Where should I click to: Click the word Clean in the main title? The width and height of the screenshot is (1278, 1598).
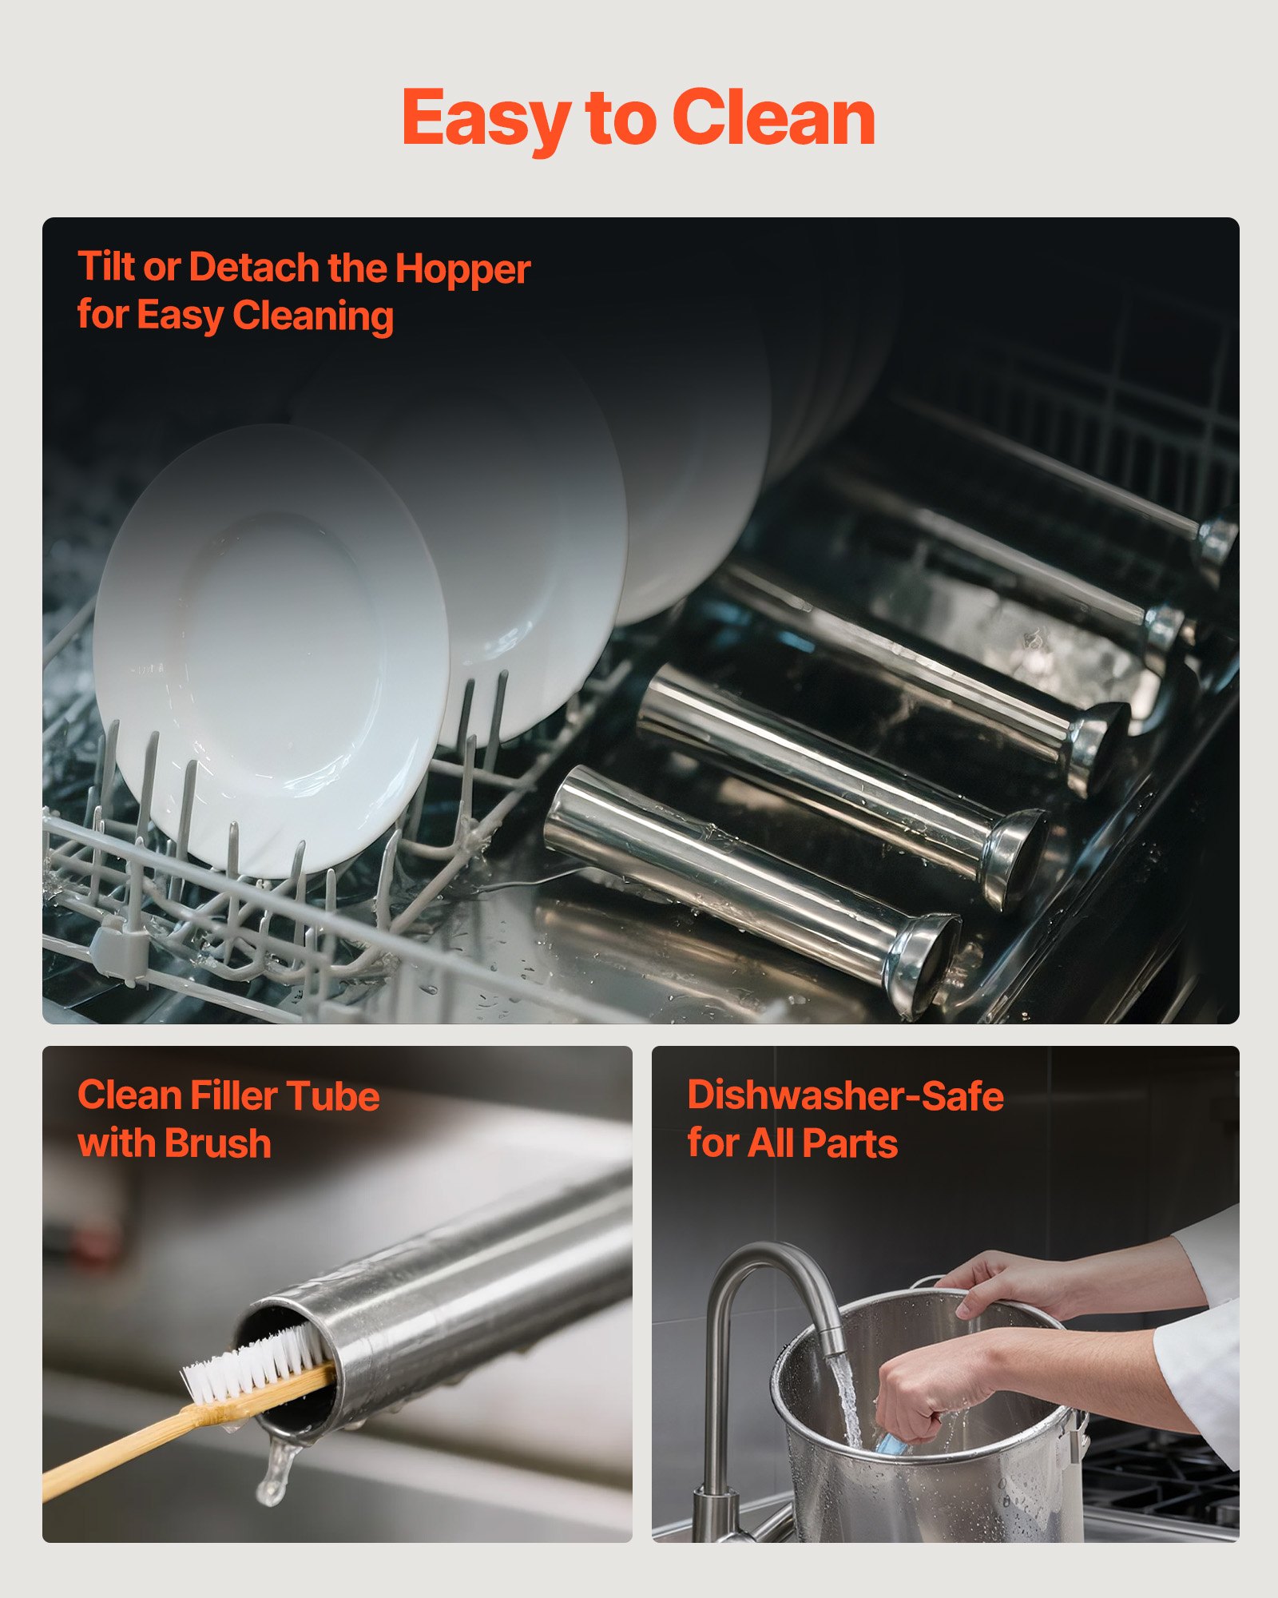774,117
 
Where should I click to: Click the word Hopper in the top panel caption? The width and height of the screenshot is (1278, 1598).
462,269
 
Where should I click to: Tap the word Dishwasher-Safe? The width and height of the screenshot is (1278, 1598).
845,1095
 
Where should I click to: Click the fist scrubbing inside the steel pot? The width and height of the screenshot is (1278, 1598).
919,1394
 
